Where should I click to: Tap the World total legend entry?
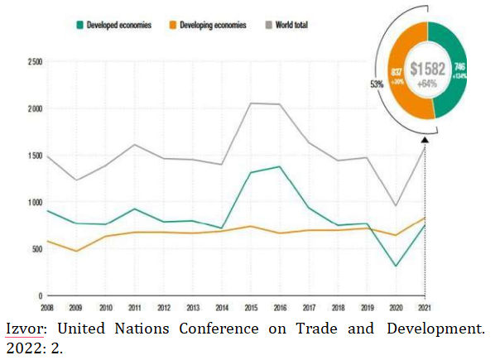[x=286, y=26]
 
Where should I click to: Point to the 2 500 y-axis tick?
[x=35, y=62]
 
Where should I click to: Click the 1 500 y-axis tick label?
[x=35, y=156]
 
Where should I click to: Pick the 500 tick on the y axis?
[x=38, y=249]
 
